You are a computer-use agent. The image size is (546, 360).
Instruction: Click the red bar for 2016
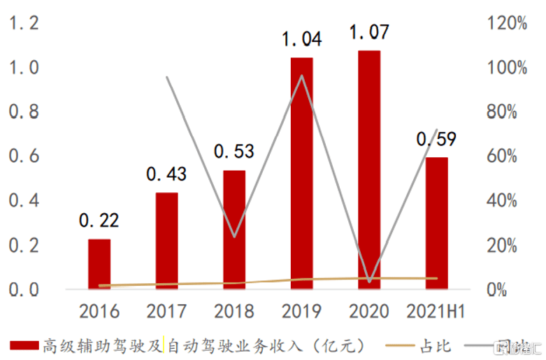point(99,264)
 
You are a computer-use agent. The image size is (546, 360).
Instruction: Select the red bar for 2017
point(166,240)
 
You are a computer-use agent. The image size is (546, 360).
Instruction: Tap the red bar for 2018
point(234,229)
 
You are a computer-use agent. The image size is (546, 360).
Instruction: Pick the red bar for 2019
point(301,173)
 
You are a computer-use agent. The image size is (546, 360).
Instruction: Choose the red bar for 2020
point(369,169)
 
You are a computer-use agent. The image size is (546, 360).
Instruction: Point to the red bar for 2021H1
point(436,222)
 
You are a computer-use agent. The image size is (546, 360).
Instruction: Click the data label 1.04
point(302,38)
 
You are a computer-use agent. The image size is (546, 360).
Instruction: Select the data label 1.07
point(369,32)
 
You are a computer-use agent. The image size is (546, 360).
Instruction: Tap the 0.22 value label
point(99,221)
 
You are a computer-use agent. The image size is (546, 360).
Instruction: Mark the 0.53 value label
point(234,152)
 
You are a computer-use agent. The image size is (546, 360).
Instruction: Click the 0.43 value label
point(166,174)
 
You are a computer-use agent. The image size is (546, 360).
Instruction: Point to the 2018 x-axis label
point(234,310)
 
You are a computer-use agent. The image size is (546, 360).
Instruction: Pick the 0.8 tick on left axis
point(24,112)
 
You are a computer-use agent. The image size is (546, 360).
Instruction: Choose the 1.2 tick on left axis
point(24,23)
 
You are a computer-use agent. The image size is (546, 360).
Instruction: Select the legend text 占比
point(435,345)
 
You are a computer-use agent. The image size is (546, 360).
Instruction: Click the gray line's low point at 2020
point(369,282)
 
